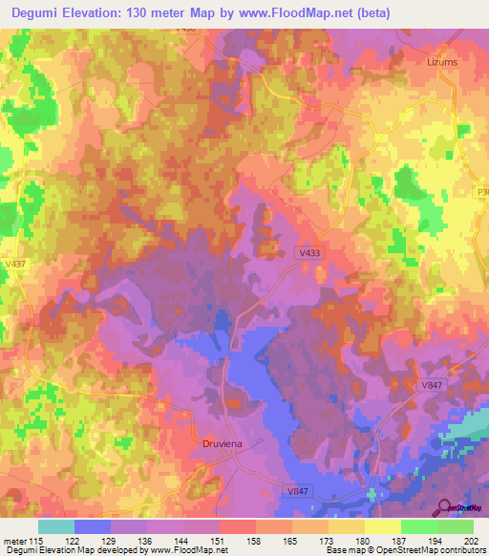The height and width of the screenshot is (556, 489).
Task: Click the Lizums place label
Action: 439,60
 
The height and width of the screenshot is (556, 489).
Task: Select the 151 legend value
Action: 219,539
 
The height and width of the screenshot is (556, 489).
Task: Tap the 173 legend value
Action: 328,539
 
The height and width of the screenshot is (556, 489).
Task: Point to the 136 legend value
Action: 146,539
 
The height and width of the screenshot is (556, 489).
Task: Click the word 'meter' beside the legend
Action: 12,539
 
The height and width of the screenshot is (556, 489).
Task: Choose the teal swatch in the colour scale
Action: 55,526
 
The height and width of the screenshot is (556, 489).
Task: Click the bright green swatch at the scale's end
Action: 456,526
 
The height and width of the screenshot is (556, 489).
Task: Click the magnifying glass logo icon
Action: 442,507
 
